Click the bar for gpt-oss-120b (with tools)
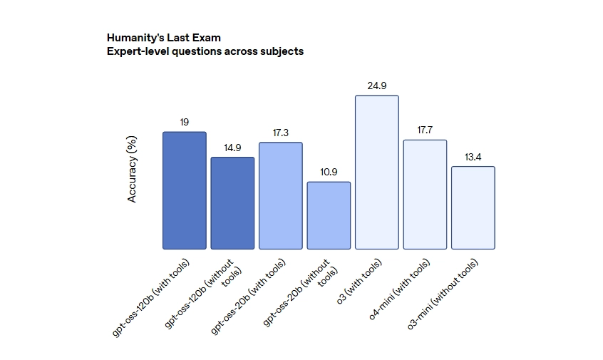[x=184, y=190]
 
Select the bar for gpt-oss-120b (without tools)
[x=232, y=203]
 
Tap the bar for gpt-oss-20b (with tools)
[x=281, y=196]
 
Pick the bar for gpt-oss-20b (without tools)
[x=329, y=215]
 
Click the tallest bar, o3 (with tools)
[x=377, y=172]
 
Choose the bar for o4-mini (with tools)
[x=425, y=195]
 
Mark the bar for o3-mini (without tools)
[x=473, y=207]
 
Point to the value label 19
[x=184, y=123]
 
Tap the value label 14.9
[x=232, y=148]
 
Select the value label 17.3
[x=281, y=133]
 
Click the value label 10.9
[x=329, y=173]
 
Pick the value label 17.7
[x=425, y=130]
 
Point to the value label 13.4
[x=473, y=157]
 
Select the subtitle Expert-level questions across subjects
[x=205, y=51]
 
